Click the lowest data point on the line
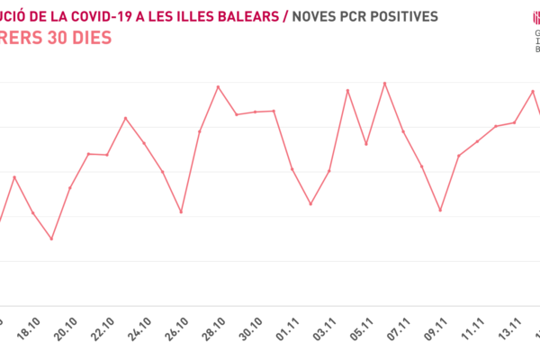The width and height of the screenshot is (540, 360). coord(51,239)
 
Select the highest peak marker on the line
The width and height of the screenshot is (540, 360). coord(385,83)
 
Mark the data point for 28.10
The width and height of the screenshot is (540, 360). coord(219,86)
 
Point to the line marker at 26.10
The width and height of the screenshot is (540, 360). coord(181,212)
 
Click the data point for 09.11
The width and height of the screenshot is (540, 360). coord(440,211)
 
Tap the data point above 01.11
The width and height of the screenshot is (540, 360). coord(292,169)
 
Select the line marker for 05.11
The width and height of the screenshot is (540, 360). coord(366,144)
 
